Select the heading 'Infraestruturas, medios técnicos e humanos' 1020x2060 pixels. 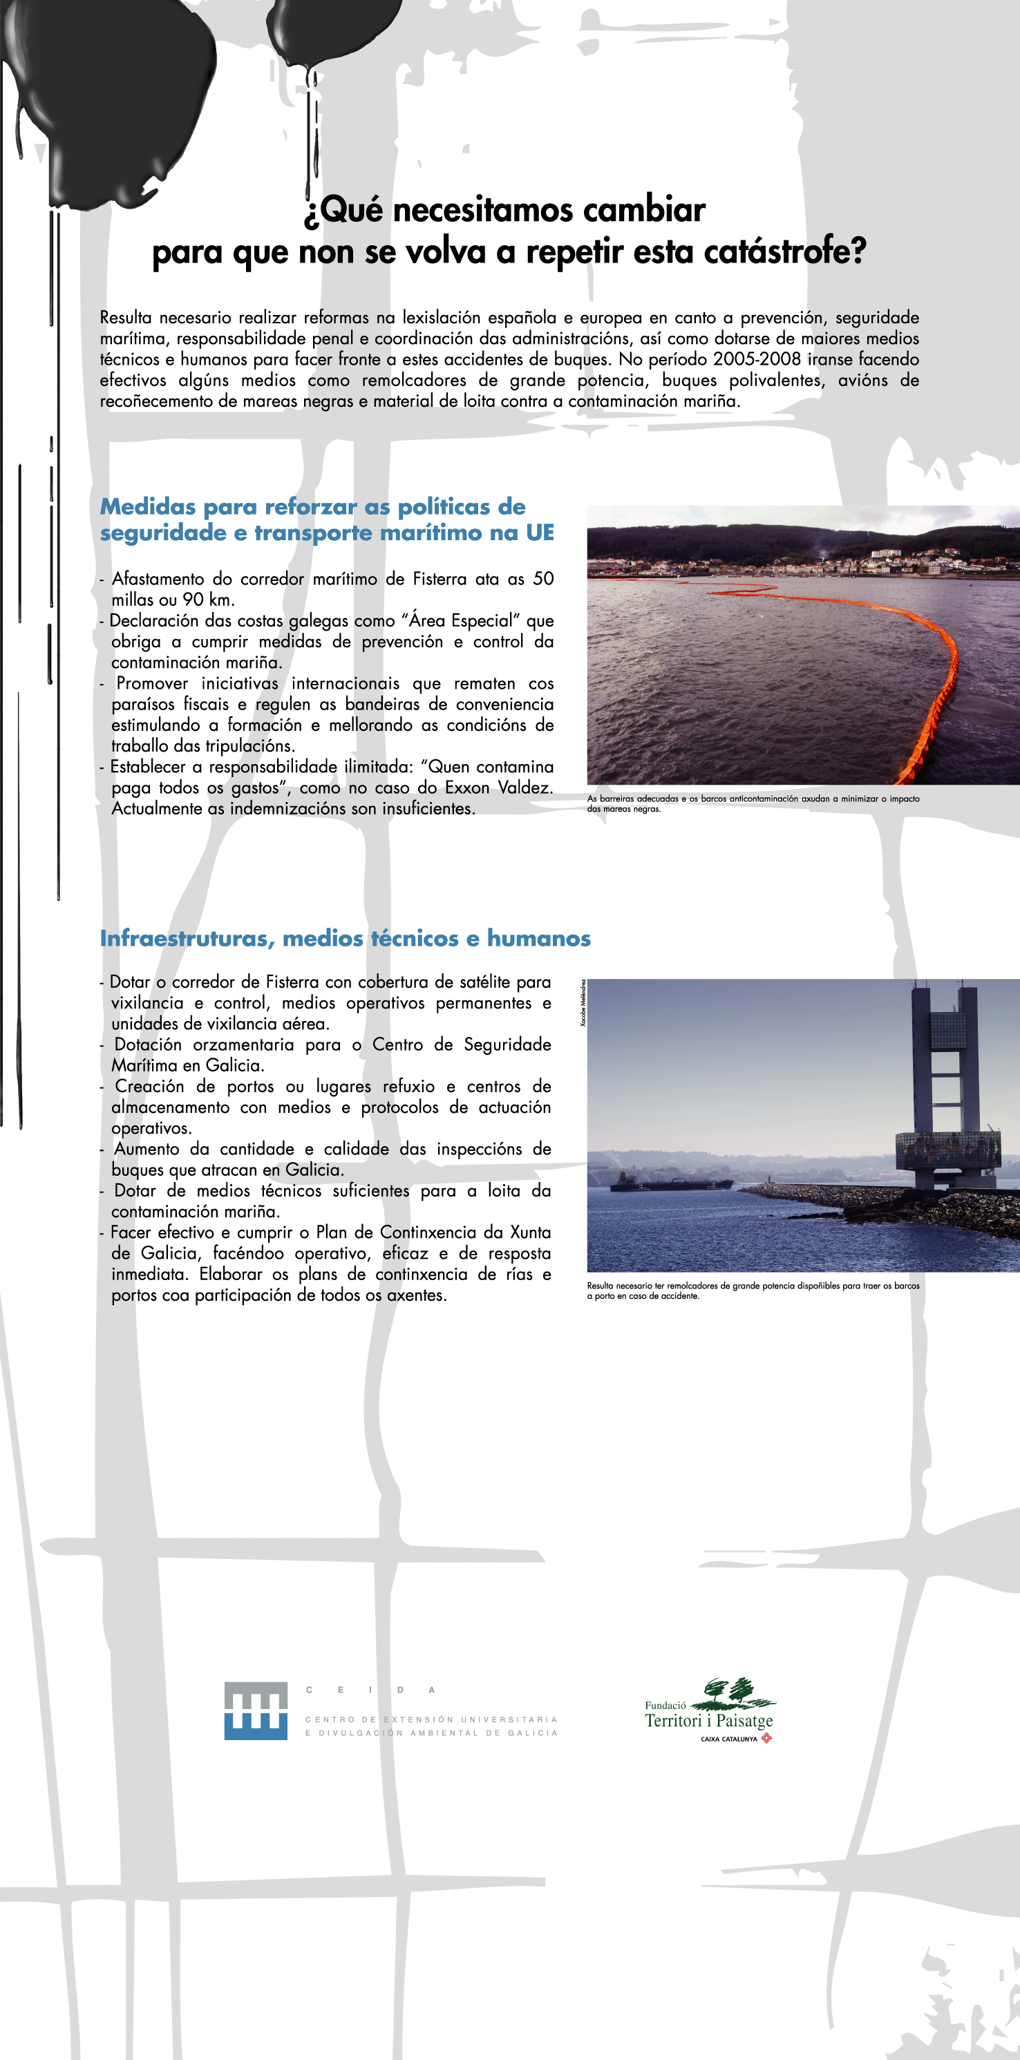(x=345, y=938)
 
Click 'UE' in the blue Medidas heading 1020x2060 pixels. (x=540, y=533)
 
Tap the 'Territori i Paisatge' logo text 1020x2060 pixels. (x=709, y=1720)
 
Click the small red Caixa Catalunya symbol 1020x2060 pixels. (x=766, y=1737)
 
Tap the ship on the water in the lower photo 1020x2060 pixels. (x=672, y=1183)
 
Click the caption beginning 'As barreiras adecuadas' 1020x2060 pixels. (x=752, y=803)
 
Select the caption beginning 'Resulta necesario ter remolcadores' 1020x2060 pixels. (x=752, y=1290)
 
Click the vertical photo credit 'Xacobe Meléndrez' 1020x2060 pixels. (x=583, y=1003)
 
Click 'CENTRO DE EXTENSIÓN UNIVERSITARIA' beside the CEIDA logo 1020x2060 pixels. (x=431, y=1719)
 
